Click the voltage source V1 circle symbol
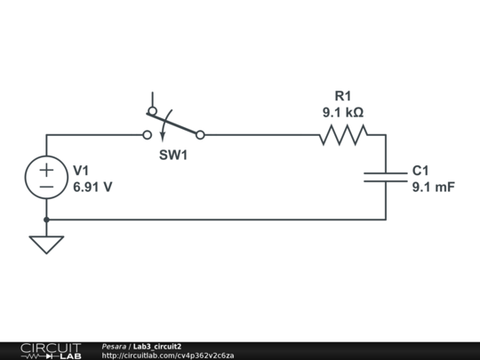46,177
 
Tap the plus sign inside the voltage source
46,168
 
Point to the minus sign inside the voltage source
46,187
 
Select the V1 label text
81,171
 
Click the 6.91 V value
92,188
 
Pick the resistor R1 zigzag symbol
343,135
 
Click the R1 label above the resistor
343,96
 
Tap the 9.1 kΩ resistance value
343,113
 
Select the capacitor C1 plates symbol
386,177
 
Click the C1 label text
420,171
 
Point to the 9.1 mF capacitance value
433,188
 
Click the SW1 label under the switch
173,155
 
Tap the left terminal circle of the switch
148,135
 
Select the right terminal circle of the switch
200,135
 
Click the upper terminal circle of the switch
153,111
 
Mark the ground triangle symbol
46,244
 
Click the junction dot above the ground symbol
46,220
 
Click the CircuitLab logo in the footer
50,350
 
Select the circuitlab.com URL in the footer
168,356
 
